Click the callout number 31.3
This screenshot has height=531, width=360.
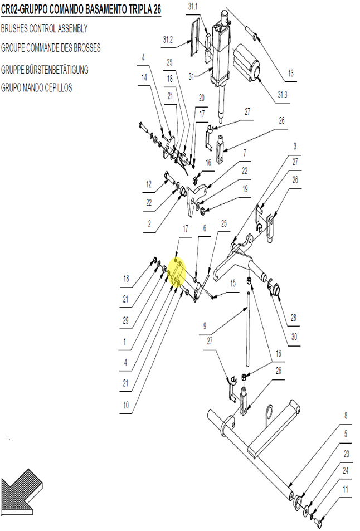[x=282, y=95]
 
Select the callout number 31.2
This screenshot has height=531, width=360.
[x=168, y=40]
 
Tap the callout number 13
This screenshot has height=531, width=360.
[x=290, y=73]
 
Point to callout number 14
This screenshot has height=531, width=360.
[x=144, y=77]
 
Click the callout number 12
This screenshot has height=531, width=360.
[x=149, y=184]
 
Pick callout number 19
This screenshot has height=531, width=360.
[x=245, y=189]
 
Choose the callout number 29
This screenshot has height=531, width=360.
[x=125, y=320]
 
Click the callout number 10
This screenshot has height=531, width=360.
[x=125, y=405]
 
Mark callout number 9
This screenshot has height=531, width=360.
[x=205, y=326]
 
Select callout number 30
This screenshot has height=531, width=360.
[x=294, y=337]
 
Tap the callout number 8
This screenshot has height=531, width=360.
[x=346, y=416]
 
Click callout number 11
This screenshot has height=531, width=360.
[x=346, y=489]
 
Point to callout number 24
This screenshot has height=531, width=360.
[x=346, y=471]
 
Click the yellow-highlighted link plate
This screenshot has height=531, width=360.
[x=177, y=272]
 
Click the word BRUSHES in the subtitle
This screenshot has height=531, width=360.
[x=14, y=28]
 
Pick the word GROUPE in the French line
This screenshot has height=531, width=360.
[x=13, y=48]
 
